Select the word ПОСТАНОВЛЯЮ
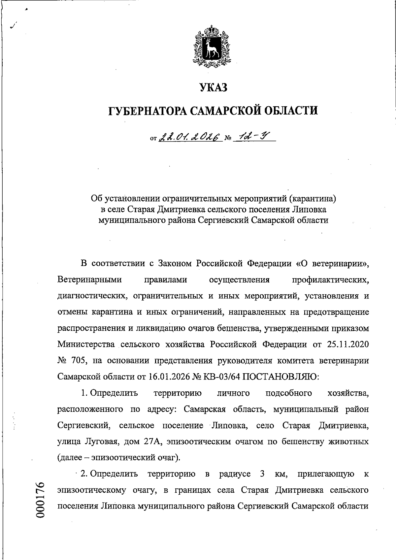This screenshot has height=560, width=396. (276, 377)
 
